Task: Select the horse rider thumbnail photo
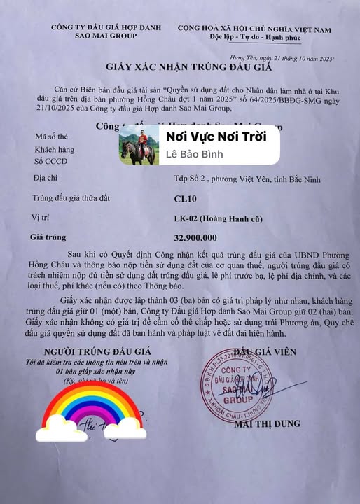pyautogui.click(x=138, y=146)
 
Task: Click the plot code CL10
pyautogui.click(x=184, y=199)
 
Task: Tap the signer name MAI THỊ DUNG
pyautogui.click(x=269, y=423)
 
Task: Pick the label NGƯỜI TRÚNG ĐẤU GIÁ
pyautogui.click(x=89, y=351)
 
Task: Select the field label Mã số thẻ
pyautogui.click(x=51, y=136)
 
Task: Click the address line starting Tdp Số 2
pyautogui.click(x=237, y=180)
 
